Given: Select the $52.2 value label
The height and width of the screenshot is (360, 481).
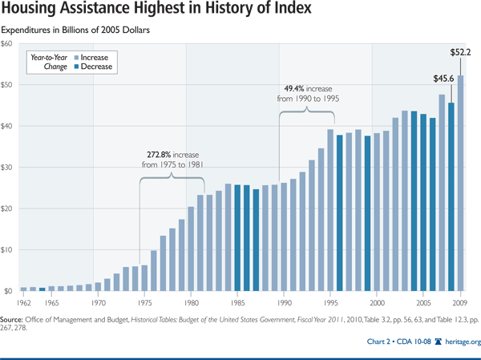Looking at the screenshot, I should pyautogui.click(x=459, y=54).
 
